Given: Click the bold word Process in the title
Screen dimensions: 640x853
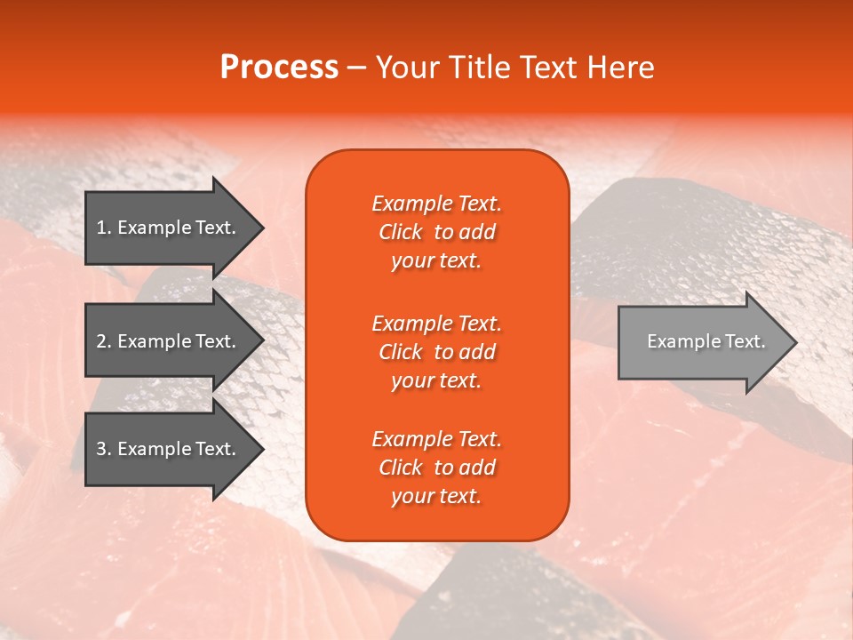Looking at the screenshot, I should (279, 67).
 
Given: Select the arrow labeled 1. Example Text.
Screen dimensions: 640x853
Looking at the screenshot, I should (169, 228).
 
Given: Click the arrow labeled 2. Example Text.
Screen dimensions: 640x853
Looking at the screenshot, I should (169, 341).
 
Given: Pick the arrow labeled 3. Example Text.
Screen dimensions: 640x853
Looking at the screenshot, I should (169, 449).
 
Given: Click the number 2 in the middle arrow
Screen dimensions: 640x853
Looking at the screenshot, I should (102, 341).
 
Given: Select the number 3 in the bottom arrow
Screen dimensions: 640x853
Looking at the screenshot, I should (102, 449).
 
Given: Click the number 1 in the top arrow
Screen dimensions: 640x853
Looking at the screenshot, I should (101, 228).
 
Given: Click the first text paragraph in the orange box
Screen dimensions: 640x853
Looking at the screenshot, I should (436, 232).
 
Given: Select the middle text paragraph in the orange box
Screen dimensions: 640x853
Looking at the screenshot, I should (436, 352).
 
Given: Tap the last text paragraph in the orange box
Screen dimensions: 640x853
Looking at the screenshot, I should (436, 468).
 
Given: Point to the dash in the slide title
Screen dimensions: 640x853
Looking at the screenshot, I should (357, 68).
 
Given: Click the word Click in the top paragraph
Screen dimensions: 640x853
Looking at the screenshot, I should (401, 232).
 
